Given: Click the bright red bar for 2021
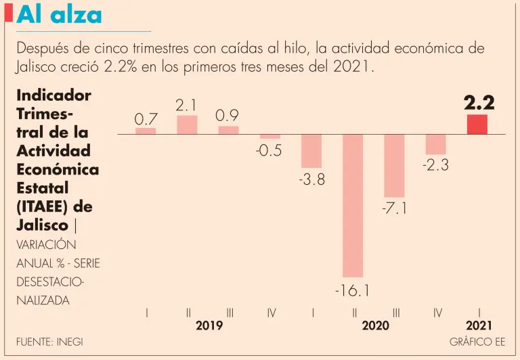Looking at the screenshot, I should (x=477, y=125).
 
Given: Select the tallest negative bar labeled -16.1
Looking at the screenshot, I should (x=353, y=205).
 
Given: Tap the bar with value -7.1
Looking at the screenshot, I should (x=394, y=165).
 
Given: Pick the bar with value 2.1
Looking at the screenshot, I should (x=187, y=125).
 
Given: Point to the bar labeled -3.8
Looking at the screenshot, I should (x=311, y=151).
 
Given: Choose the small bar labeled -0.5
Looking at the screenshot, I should (x=270, y=137).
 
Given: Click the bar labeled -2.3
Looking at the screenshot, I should (x=435, y=144).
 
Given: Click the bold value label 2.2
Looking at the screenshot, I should (x=479, y=103).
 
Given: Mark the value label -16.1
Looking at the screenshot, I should (x=352, y=291).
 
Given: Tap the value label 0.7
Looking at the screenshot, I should (x=146, y=119).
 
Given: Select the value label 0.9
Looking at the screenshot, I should (x=227, y=116).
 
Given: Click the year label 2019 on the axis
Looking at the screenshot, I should (x=209, y=325).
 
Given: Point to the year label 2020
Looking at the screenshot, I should (x=375, y=325).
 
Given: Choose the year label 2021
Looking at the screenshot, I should (x=479, y=325).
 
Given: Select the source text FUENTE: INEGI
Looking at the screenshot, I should (x=49, y=342).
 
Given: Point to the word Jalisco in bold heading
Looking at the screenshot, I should (x=42, y=225).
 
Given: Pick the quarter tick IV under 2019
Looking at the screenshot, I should (x=272, y=313).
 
